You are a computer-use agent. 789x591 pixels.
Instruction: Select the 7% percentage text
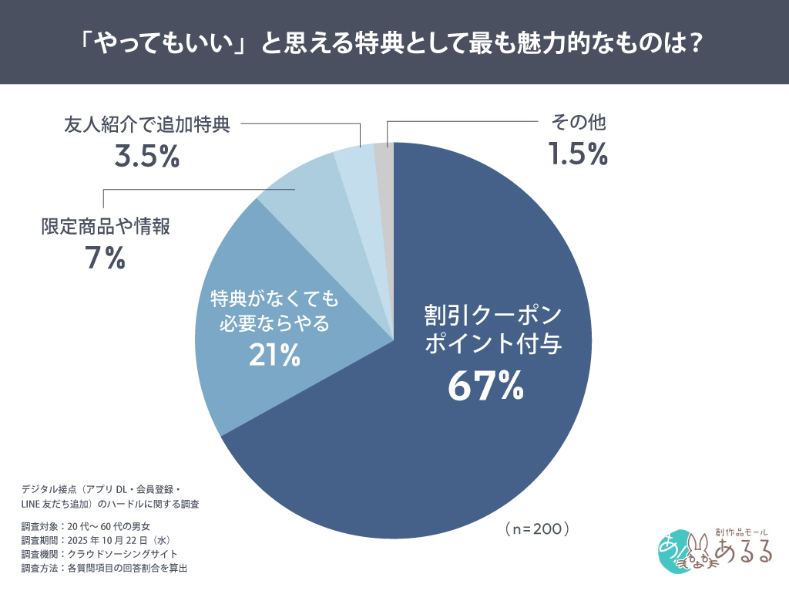point(105,258)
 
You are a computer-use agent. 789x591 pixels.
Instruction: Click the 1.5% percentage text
point(578,155)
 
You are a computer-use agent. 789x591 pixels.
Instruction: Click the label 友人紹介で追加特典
point(146,123)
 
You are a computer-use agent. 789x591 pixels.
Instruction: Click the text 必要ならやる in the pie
point(274,323)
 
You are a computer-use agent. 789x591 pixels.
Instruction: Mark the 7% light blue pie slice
point(299,185)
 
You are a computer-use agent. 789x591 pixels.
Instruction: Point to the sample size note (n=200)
point(537,529)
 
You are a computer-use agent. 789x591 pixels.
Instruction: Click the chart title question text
point(394,42)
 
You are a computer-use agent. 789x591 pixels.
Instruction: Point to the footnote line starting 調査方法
point(104,568)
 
